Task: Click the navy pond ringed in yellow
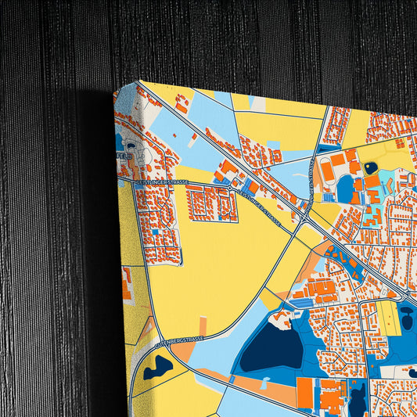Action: click(371, 167)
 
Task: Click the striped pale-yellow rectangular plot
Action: click(388, 318)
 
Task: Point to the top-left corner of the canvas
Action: click(139, 81)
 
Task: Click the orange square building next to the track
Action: click(337, 160)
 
